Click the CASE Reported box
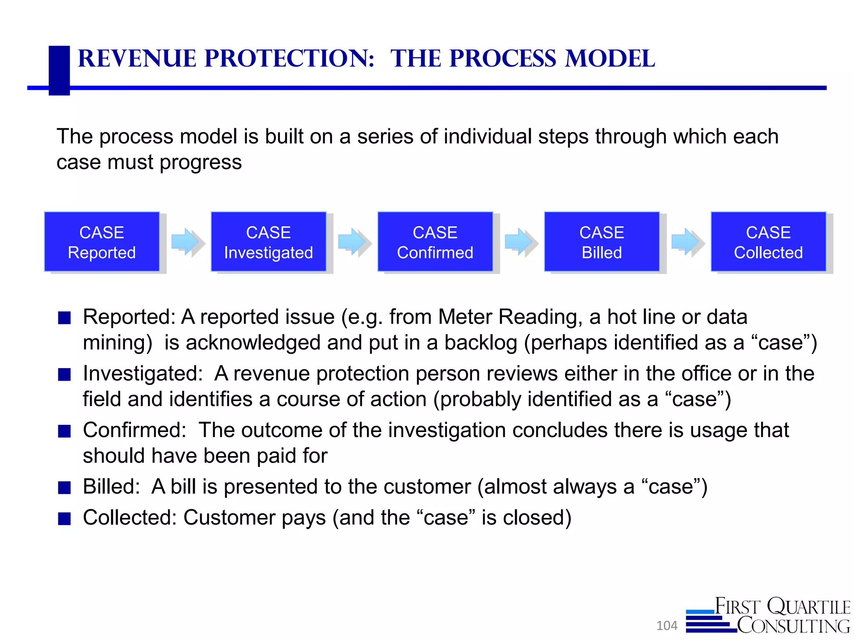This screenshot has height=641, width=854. coord(102,242)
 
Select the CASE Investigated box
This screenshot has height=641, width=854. coord(269,242)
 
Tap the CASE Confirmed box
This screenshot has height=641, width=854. coord(435,242)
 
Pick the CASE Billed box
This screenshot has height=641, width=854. coord(602,242)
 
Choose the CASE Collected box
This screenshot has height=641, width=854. coord(768,242)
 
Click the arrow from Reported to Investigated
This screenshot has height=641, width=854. coord(186,242)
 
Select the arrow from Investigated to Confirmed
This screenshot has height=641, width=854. coord(353,242)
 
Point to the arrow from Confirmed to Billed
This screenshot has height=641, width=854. coord(520,242)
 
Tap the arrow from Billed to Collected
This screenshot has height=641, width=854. coord(686,242)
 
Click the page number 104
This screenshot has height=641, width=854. coord(667,626)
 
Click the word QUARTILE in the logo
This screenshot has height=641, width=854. coord(809,606)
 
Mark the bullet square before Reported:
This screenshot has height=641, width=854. coord(64,318)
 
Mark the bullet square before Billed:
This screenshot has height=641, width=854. coord(64,487)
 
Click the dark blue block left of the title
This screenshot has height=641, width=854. coord(59,70)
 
